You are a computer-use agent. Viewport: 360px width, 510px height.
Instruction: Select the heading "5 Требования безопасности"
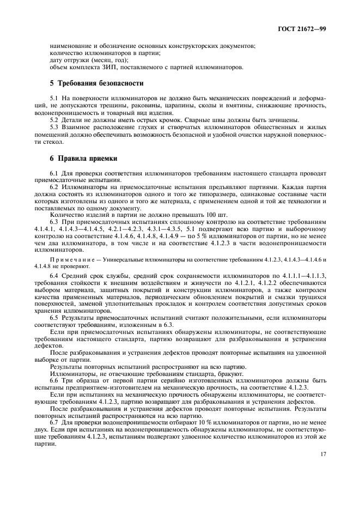[x=96, y=83]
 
